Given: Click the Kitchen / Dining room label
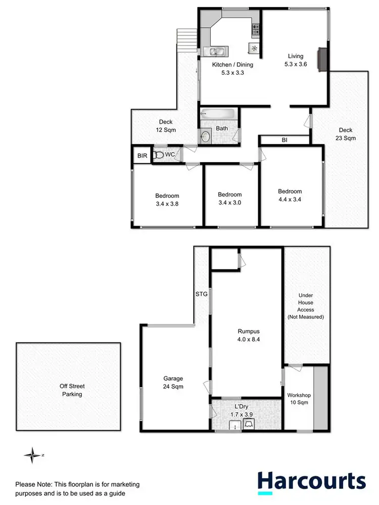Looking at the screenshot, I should [x=232, y=69].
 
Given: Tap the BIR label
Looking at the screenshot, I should [x=142, y=156].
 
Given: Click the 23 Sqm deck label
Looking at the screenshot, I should [x=346, y=134].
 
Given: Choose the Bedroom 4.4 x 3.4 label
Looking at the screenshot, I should [x=290, y=195].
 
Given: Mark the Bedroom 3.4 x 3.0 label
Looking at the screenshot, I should [x=230, y=198].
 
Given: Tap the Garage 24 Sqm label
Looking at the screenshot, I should [x=173, y=382].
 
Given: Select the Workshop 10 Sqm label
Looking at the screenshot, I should [x=298, y=399].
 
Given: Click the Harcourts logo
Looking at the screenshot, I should [x=311, y=482].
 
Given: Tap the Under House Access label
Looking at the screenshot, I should [x=306, y=306].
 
